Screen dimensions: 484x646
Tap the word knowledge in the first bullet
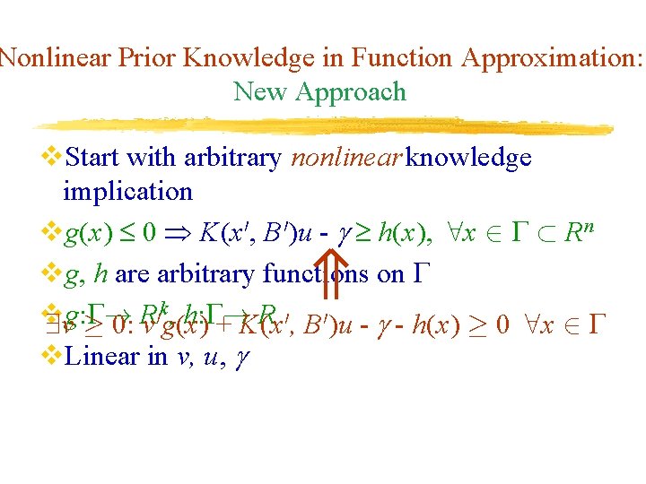(x=468, y=158)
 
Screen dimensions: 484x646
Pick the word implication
(x=127, y=191)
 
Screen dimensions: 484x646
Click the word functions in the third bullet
(x=318, y=274)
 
